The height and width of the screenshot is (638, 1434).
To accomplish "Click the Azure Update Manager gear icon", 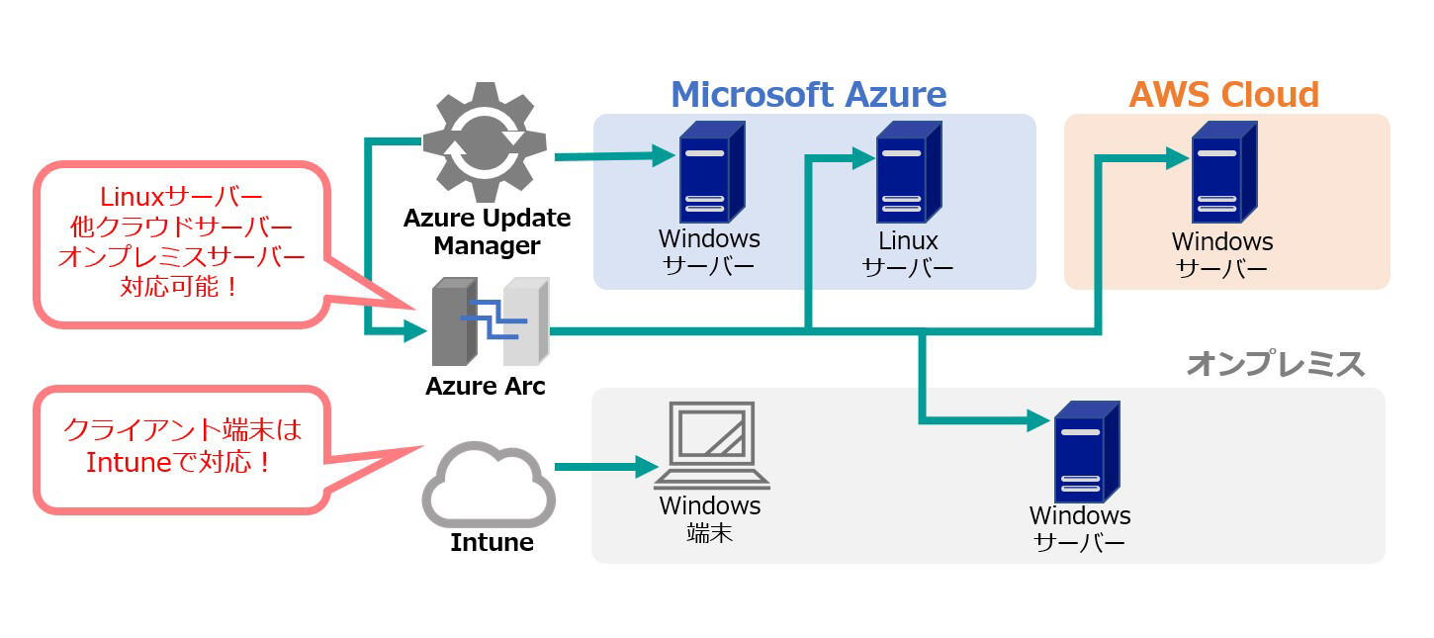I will pos(487,143).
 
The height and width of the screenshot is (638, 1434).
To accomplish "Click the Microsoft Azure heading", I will pos(808,95).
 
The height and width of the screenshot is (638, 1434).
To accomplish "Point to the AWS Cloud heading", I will pos(1223,95).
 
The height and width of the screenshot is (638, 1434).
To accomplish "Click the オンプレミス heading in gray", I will pos(1275,364).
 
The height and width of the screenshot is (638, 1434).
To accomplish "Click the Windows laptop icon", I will pos(712,446).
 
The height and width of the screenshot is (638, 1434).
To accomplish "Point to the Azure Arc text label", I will pos(485,386).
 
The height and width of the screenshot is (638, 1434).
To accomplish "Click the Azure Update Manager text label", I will pos(487,230).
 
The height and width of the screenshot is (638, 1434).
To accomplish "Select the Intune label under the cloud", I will pos(492,542).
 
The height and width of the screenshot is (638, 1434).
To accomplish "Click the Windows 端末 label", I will pos(710,519).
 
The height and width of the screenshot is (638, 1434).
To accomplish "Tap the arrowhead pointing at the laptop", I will pos(648,466).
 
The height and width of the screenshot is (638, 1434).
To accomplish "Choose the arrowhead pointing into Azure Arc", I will pos(415,331).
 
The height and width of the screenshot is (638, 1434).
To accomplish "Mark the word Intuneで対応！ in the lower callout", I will pos(179,462).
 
